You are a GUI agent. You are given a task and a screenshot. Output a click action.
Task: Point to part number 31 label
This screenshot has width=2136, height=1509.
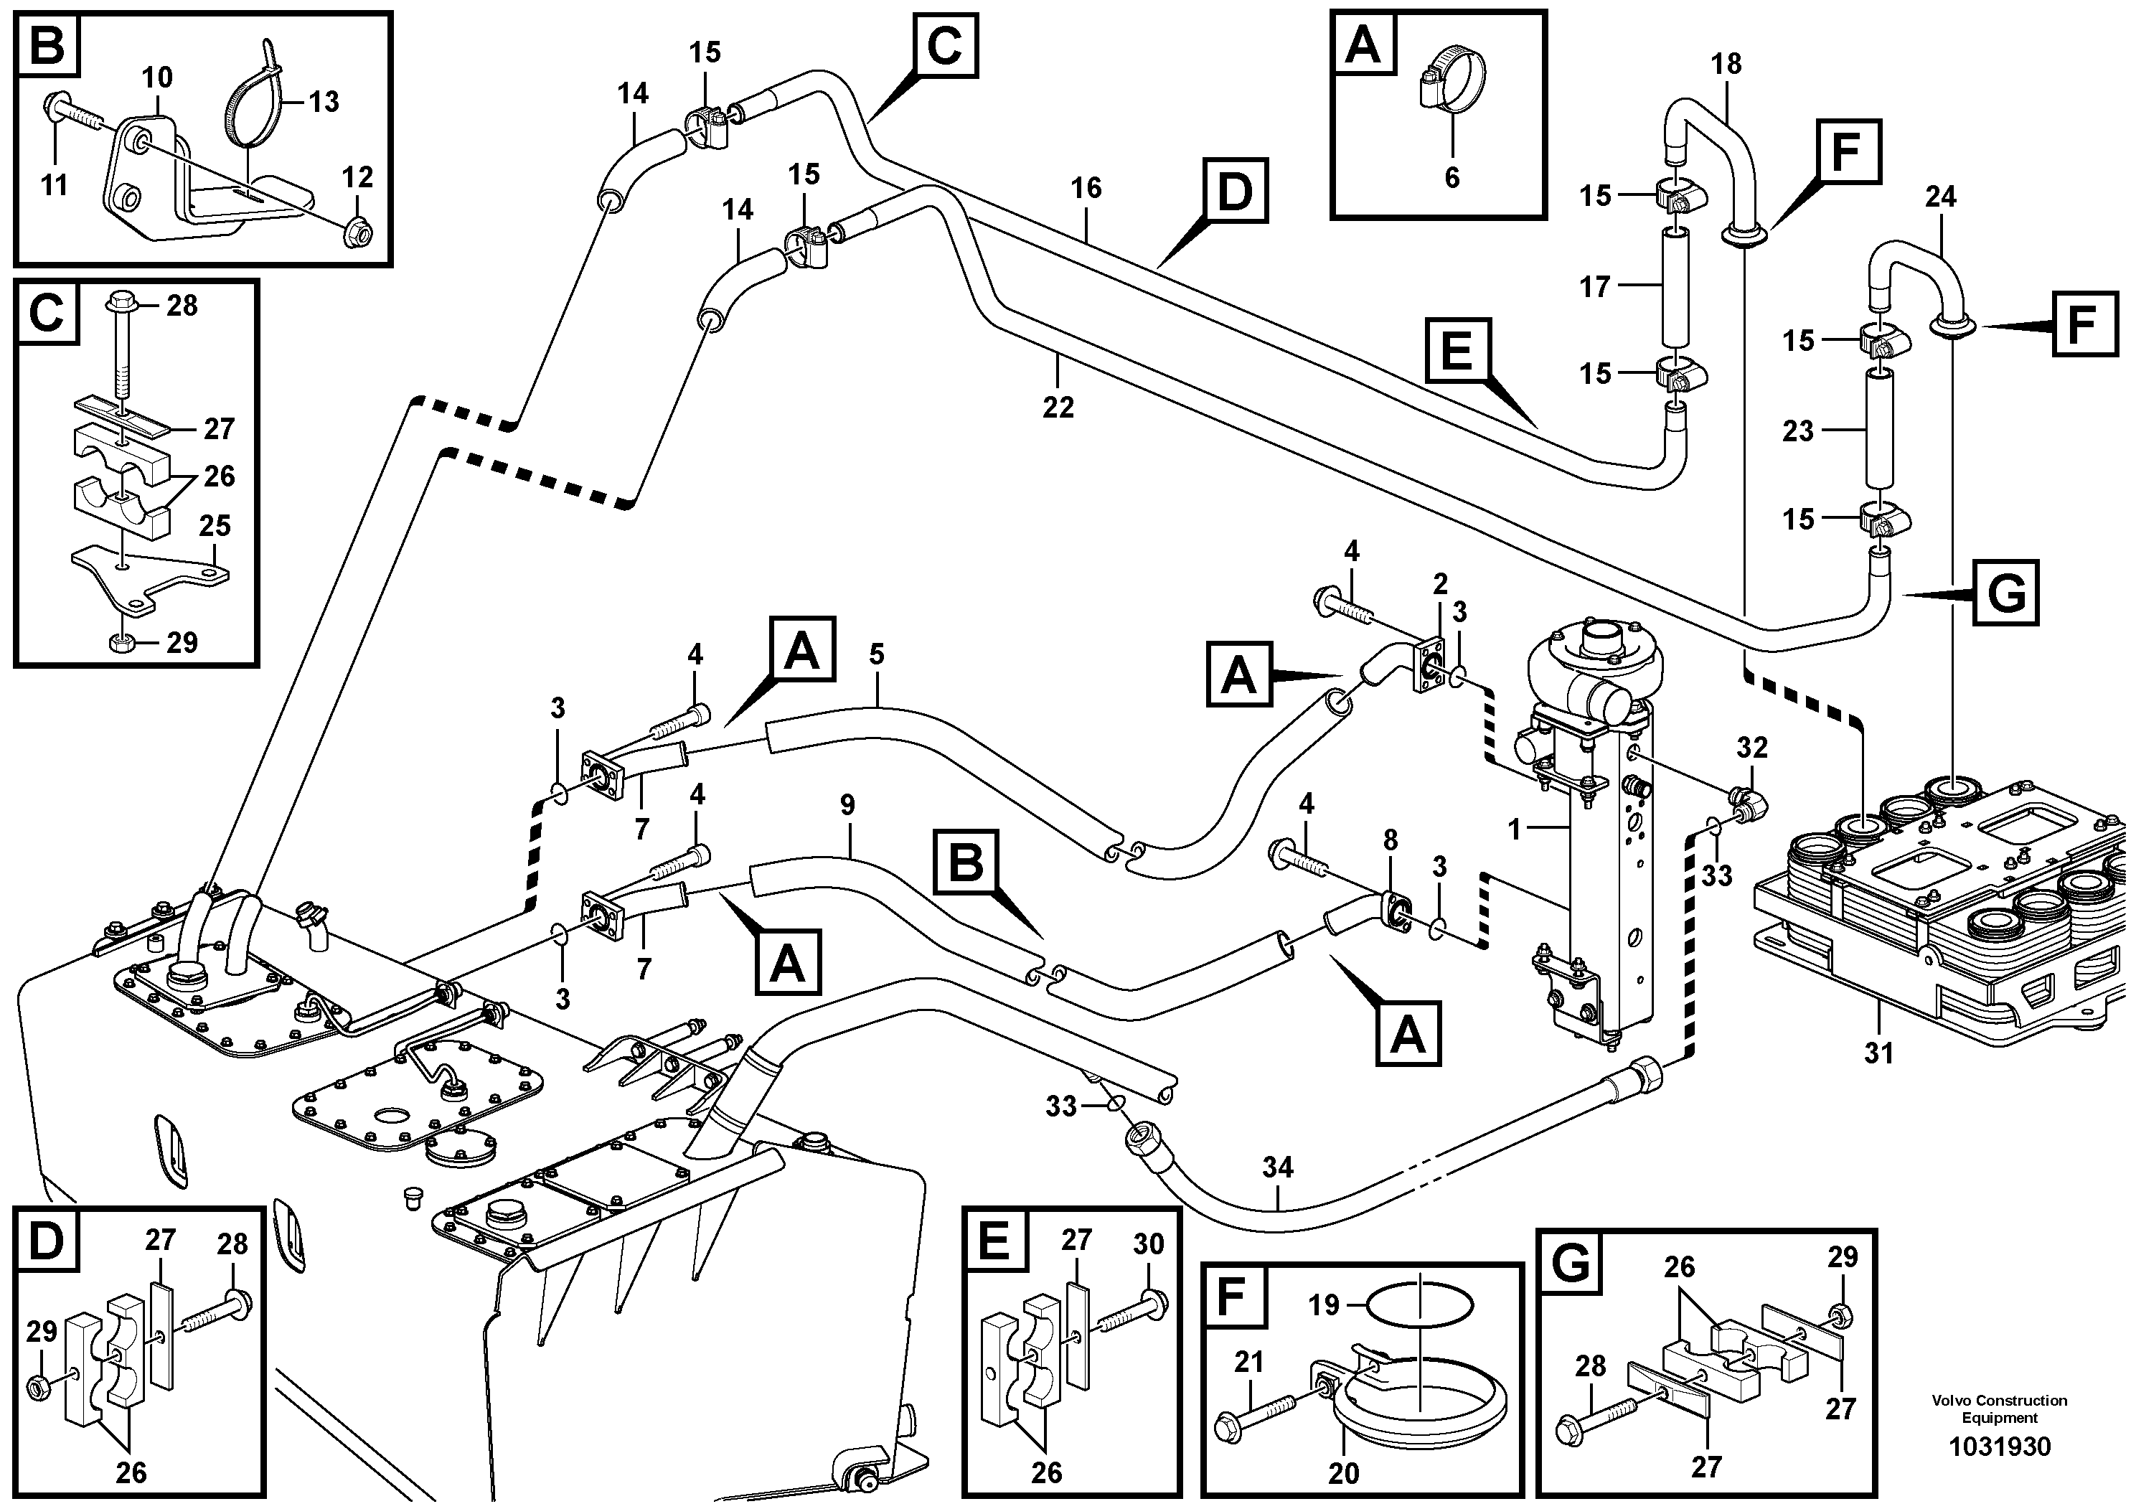pyautogui.click(x=1878, y=1054)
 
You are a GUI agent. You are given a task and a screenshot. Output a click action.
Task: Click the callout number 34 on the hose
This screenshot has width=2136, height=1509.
pyautogui.click(x=1277, y=1167)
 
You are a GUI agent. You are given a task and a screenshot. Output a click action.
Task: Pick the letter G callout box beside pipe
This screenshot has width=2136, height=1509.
pyautogui.click(x=2005, y=593)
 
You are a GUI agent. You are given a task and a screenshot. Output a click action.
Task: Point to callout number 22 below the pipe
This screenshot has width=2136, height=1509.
pyautogui.click(x=1058, y=407)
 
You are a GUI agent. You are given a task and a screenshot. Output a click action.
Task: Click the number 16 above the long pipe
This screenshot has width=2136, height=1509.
pyautogui.click(x=1086, y=188)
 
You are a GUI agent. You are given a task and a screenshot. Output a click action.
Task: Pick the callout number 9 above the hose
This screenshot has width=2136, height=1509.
pyautogui.click(x=847, y=805)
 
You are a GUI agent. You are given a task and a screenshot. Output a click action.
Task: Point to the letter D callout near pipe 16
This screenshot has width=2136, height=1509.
pyautogui.click(x=1235, y=191)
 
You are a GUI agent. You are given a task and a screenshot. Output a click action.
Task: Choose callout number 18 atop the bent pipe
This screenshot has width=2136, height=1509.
pyautogui.click(x=1726, y=64)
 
